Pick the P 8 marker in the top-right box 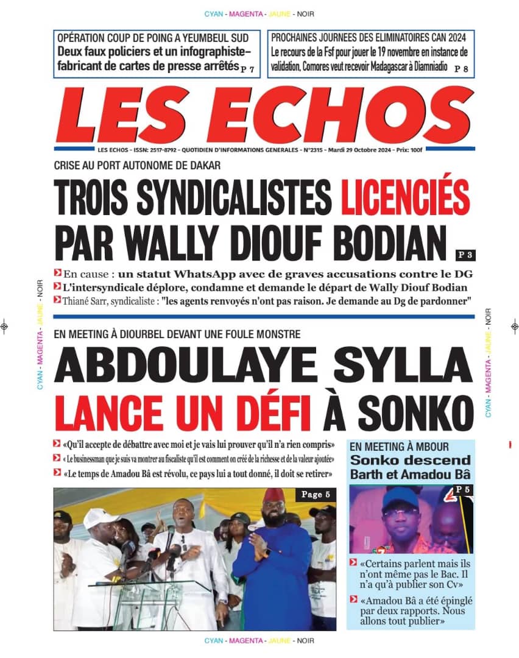coord(462,69)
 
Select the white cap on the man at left coord(101,518)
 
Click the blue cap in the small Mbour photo coord(400,497)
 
